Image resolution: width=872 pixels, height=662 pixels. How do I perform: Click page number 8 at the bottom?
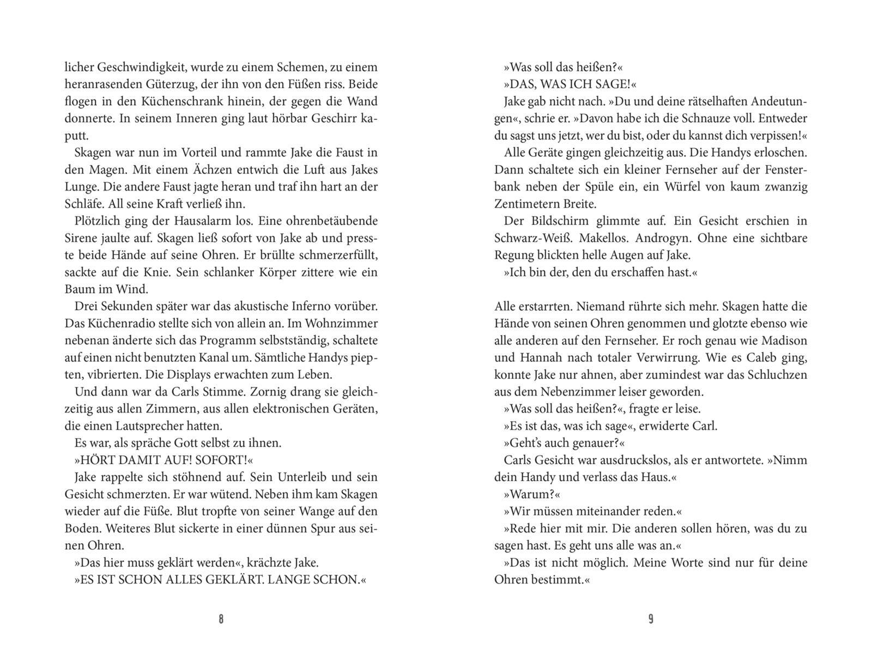click(x=221, y=620)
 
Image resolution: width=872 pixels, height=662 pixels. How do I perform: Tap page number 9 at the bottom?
click(x=651, y=620)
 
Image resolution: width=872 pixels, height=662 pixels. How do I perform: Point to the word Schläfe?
click(x=83, y=204)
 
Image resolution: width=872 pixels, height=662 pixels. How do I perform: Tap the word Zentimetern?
click(x=529, y=204)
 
